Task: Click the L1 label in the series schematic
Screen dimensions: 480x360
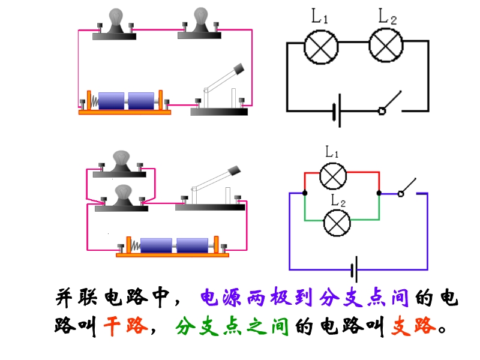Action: (x=320, y=16)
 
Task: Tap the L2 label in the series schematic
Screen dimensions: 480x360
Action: (x=388, y=17)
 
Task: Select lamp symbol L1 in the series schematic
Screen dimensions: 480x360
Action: (x=321, y=47)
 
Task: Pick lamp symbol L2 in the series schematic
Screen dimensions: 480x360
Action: (x=386, y=45)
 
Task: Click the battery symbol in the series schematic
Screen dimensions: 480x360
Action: (x=337, y=110)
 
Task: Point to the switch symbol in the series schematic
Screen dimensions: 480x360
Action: (x=391, y=103)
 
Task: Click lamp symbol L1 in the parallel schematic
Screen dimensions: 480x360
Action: (x=333, y=176)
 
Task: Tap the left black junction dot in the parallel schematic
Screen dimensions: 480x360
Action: (x=305, y=193)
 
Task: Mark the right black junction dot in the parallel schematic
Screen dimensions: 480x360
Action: (x=379, y=193)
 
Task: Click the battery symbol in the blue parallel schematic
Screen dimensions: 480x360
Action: (x=354, y=269)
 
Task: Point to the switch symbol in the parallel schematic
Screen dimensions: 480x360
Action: (x=407, y=187)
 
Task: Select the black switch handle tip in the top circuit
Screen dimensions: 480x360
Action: (x=239, y=68)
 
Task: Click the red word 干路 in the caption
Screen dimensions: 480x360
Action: (x=126, y=326)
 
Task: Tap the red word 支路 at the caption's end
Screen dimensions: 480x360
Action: (x=414, y=326)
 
